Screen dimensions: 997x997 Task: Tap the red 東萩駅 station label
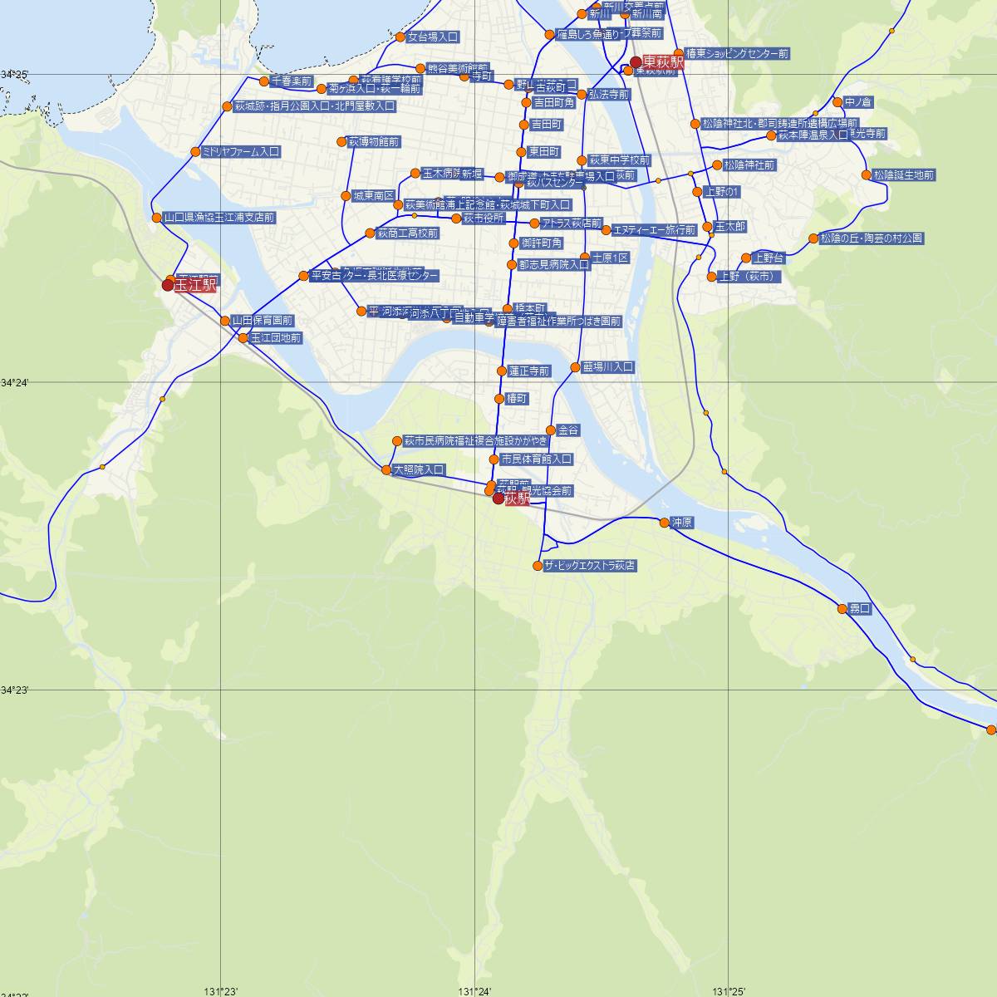point(663,62)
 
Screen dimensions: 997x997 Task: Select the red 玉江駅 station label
point(196,285)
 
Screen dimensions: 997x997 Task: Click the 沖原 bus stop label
point(682,523)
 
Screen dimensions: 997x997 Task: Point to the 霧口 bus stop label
point(859,609)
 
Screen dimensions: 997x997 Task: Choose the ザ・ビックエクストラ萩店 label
point(591,566)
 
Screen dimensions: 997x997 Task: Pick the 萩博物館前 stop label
point(374,142)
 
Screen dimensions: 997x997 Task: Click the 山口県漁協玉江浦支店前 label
point(219,218)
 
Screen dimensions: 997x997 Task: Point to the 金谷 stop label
point(569,430)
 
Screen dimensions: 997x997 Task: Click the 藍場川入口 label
point(608,367)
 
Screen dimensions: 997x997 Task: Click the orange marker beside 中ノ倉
point(837,103)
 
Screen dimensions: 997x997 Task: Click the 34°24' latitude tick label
point(15,382)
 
